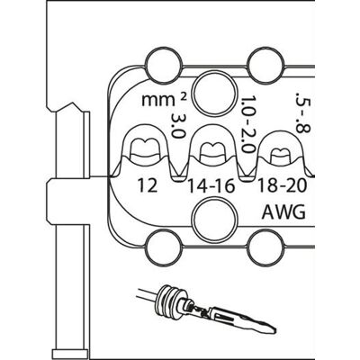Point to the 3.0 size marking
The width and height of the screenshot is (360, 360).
tap(177, 126)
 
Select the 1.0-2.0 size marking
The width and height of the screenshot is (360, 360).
tap(247, 124)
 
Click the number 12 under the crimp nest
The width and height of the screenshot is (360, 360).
tap(148, 185)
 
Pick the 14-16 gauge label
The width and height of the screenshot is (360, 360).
tap(211, 186)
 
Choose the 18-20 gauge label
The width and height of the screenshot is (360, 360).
tap(283, 185)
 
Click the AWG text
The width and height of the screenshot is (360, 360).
tap(283, 211)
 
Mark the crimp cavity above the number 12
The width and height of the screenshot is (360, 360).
tap(146, 148)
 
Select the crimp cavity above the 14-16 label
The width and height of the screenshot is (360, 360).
tap(212, 149)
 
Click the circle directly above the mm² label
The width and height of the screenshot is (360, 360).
tap(164, 64)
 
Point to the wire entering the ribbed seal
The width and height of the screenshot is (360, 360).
tap(147, 294)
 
